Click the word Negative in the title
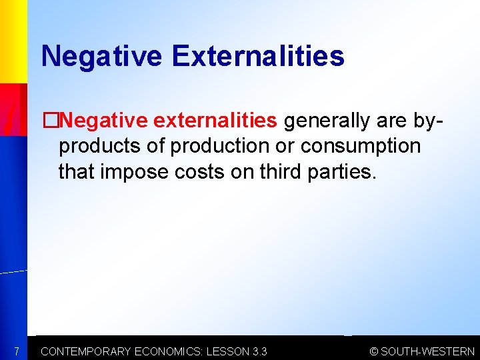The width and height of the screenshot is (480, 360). [101, 56]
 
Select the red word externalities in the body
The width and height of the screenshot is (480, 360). [214, 121]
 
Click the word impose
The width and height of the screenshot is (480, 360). [131, 172]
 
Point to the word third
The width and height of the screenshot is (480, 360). [279, 172]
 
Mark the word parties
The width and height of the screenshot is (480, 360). [343, 172]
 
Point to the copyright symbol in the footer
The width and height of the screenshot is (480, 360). [375, 351]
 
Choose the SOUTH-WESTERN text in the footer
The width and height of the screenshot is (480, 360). [428, 351]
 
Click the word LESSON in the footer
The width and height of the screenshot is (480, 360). [227, 351]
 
